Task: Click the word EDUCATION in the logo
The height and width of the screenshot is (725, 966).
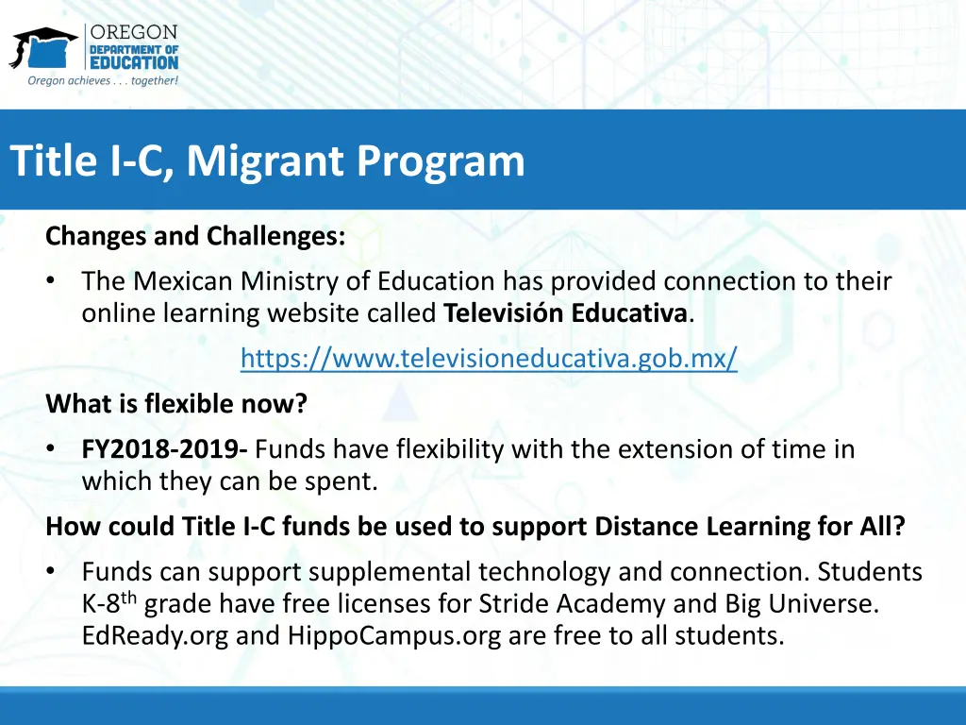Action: coord(134,62)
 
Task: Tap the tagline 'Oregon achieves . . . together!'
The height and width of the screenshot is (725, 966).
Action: coord(103,80)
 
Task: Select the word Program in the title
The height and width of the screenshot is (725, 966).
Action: coord(441,160)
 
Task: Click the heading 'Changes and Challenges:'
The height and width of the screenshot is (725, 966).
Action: coord(195,235)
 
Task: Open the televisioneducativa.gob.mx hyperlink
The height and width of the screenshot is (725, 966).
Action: coord(489,359)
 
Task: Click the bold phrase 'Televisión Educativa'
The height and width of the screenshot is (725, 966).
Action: coord(565,313)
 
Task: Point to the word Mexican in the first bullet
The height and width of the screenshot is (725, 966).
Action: coord(183,281)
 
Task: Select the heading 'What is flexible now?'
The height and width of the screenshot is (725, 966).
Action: coord(176,404)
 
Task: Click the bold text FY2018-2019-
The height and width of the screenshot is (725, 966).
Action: coord(165,449)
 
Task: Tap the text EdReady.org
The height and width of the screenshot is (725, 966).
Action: coord(155,635)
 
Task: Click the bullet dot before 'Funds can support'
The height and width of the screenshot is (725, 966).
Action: coord(52,572)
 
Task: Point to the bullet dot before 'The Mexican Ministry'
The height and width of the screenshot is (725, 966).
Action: coord(52,281)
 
